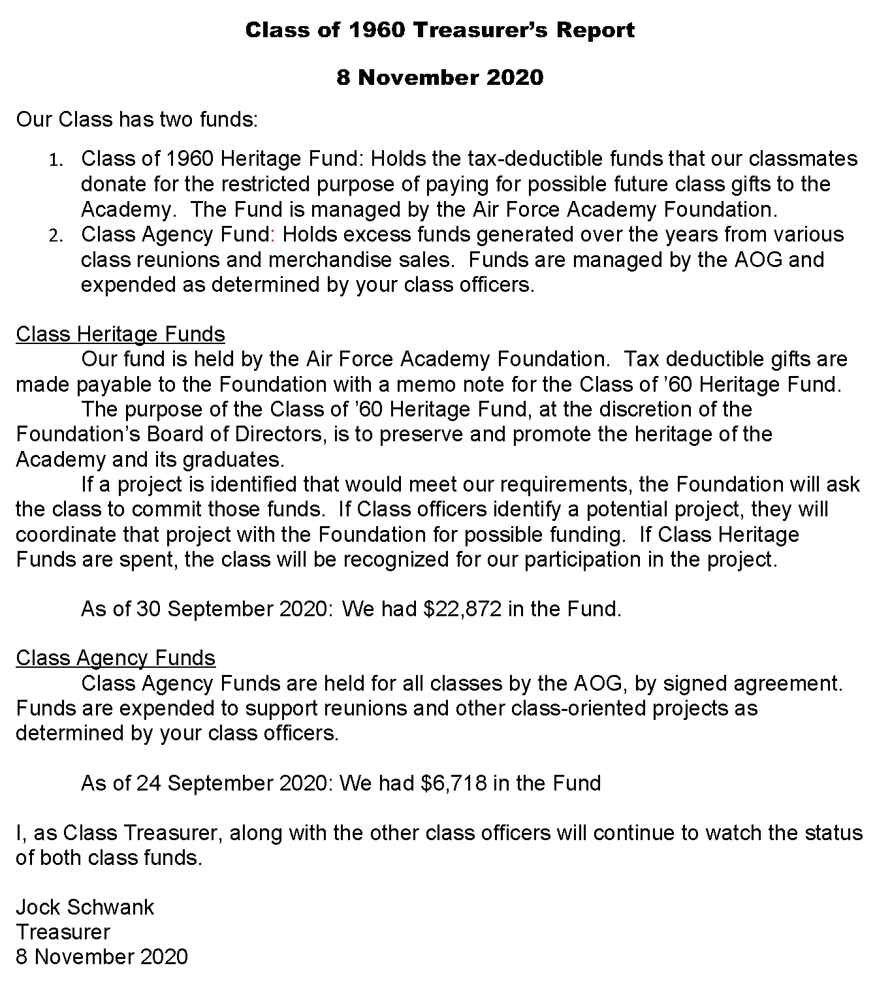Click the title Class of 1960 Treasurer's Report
click(439, 30)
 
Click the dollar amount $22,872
click(462, 609)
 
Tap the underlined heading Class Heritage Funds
click(120, 334)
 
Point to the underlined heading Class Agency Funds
click(116, 658)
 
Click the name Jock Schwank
click(85, 907)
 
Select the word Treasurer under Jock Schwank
click(63, 932)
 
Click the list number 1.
click(56, 160)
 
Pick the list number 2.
click(56, 236)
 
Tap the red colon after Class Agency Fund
click(273, 234)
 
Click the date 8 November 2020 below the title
click(439, 78)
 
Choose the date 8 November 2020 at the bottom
click(101, 956)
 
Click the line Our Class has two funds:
click(137, 119)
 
